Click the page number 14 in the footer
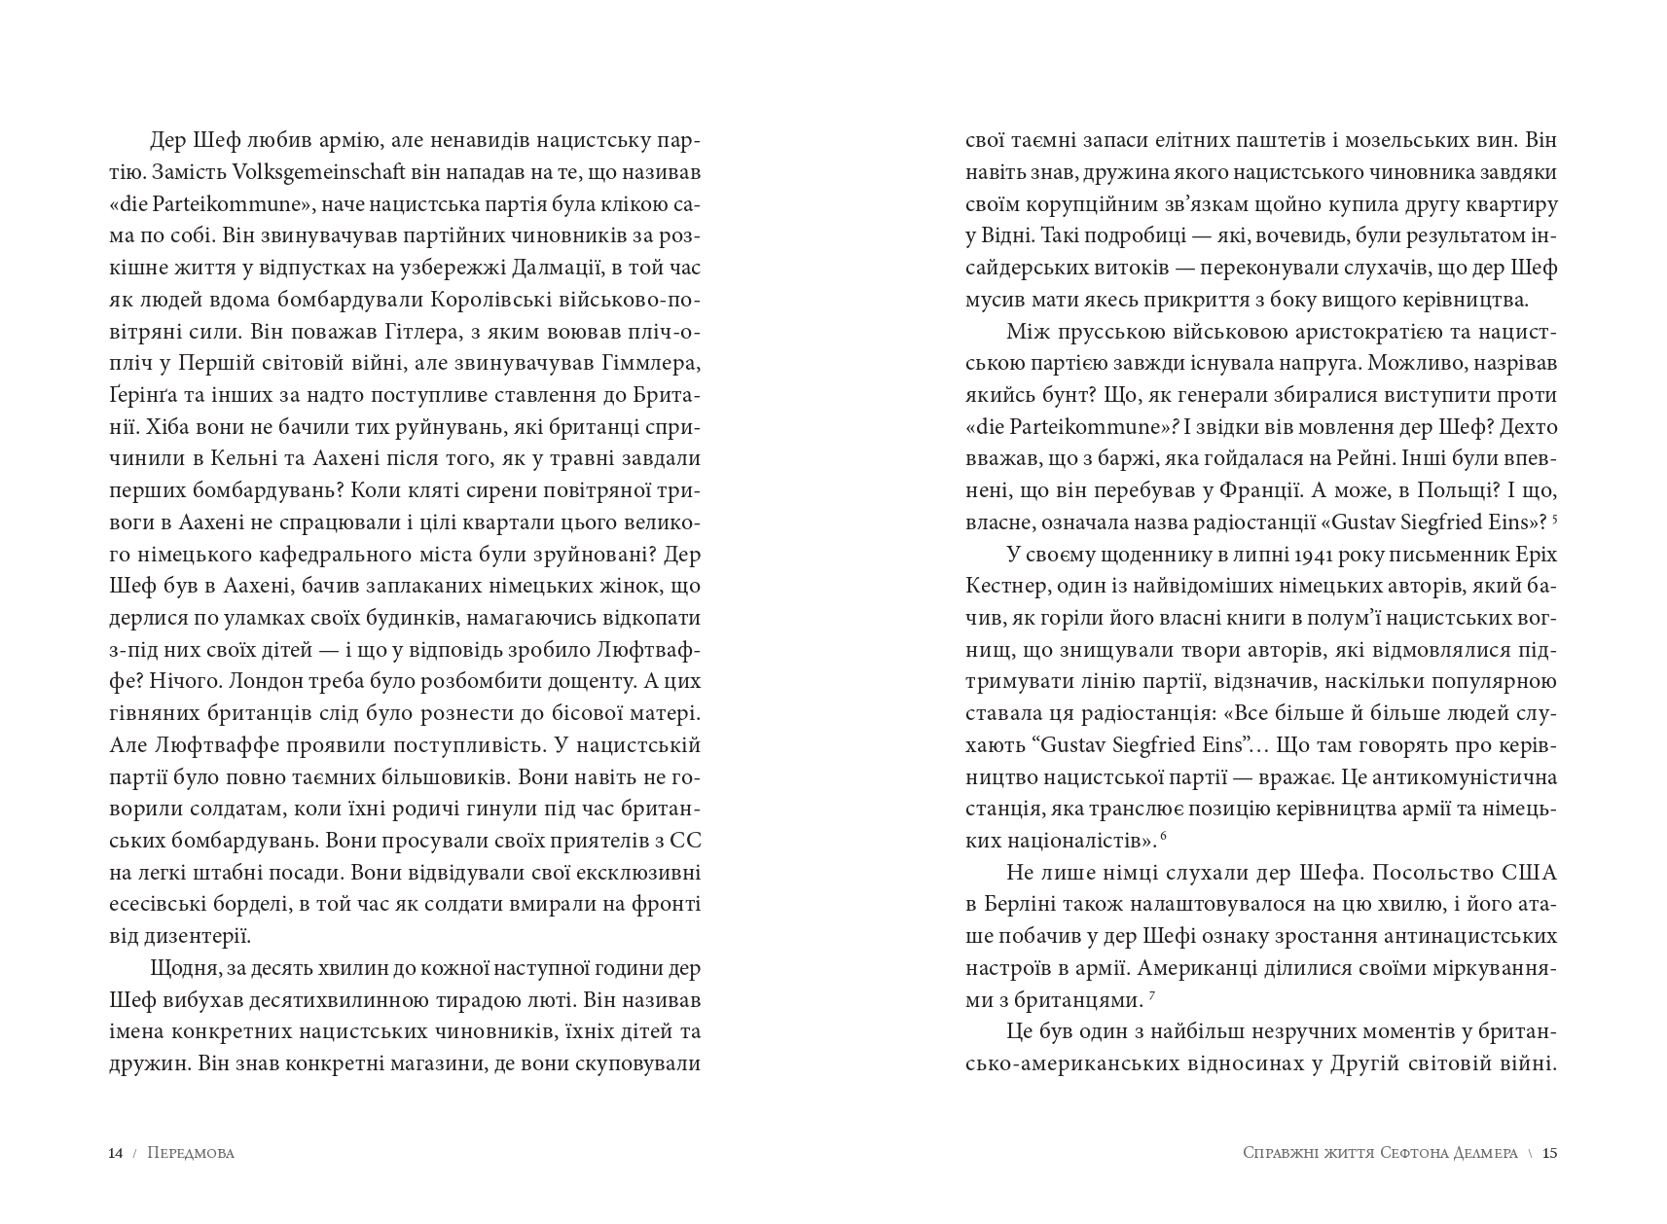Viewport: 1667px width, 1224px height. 116,1153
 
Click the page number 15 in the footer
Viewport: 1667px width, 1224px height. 1550,1153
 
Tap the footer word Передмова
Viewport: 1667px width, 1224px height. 191,1153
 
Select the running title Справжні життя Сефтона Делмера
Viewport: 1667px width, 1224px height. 1380,1153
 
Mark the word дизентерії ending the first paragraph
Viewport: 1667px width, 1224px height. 192,937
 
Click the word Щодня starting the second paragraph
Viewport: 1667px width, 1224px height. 182,969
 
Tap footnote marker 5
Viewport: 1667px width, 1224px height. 1555,519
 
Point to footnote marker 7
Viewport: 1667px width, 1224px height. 1151,996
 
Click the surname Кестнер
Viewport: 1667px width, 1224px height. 1006,587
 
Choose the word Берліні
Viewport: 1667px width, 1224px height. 1028,905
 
